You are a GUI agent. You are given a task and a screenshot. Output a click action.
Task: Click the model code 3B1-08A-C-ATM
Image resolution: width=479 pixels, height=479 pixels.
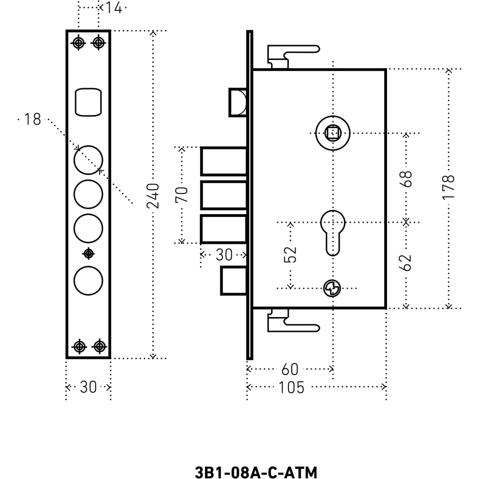256,472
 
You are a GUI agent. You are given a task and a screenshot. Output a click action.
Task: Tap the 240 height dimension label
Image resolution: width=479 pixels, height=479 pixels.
153,196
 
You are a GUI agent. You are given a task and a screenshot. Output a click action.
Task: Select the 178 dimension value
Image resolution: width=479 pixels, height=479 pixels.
448,187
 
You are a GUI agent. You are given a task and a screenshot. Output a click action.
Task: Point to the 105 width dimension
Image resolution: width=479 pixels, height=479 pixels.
291,388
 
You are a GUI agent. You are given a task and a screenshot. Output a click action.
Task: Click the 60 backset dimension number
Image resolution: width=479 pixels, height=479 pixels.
290,369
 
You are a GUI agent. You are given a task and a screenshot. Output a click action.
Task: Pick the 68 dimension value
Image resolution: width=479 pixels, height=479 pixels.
406,179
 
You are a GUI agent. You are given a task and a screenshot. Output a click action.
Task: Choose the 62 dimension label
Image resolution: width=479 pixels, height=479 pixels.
406,262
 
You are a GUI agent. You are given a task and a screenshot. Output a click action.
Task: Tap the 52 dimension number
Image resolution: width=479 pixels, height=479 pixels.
290,254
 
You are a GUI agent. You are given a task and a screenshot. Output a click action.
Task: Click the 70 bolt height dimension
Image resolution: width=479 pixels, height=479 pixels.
182,195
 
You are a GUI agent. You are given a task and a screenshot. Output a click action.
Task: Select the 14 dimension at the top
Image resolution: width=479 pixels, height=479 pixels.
114,8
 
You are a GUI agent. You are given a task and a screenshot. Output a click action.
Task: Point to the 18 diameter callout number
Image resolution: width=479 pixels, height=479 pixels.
33,119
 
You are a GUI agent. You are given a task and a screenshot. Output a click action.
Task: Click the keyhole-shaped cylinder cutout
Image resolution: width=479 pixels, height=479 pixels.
333,233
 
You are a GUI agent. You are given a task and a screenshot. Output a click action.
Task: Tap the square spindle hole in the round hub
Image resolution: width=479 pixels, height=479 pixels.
333,133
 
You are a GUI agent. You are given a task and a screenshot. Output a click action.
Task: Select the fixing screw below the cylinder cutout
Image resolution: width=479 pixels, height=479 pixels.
332,288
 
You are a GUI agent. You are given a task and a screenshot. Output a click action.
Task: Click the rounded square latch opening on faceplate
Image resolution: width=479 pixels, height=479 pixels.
88,102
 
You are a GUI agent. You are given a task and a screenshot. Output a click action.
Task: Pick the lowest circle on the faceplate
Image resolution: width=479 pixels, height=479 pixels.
88,280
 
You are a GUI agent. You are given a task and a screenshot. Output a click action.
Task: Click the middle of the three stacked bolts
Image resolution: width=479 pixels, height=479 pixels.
224,195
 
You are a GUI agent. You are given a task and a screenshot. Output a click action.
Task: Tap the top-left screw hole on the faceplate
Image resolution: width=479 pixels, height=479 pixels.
79,43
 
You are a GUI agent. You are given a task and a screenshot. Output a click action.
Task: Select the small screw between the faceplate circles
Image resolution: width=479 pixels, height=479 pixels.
89,253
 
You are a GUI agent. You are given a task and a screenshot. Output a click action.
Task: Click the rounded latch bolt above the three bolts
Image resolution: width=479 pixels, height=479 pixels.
238,103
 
